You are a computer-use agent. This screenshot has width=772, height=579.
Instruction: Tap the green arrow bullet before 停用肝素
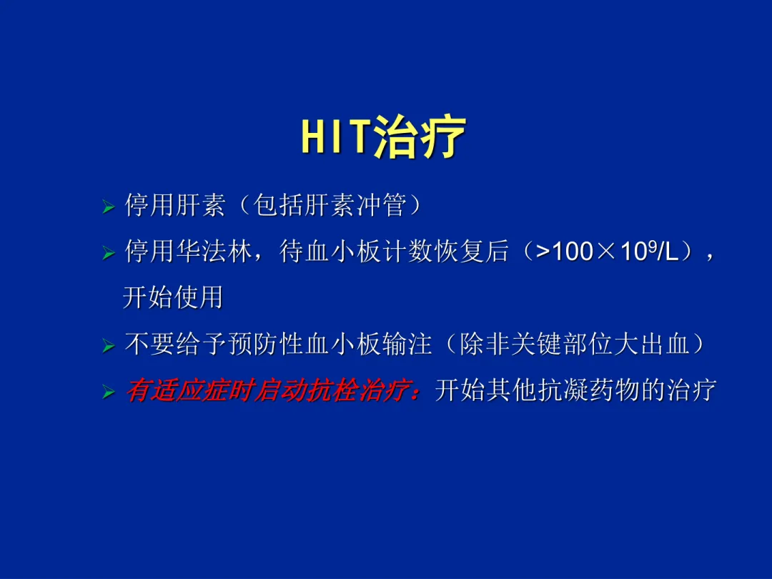tap(109, 207)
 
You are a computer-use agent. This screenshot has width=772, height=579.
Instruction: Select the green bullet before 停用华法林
tap(109, 254)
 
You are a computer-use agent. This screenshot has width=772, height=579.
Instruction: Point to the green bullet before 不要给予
tap(109, 346)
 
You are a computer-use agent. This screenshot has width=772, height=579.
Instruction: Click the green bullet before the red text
tap(109, 392)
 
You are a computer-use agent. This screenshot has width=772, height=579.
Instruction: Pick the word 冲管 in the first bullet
tap(381, 205)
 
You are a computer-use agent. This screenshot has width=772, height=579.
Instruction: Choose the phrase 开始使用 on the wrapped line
tap(173, 297)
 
